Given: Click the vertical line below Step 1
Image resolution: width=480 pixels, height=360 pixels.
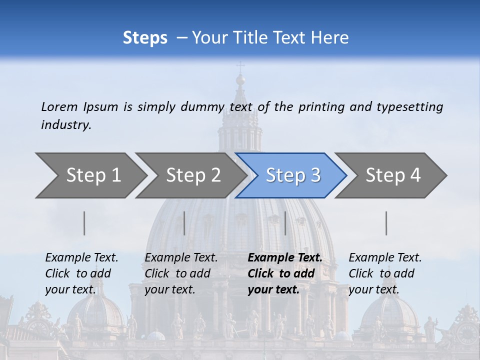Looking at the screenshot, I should (x=84, y=223).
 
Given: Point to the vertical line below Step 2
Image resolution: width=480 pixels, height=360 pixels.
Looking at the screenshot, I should (x=184, y=223).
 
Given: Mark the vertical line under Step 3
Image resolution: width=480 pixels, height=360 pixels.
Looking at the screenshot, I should (x=285, y=223).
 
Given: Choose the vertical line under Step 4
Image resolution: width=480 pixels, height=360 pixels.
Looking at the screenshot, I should (x=386, y=223).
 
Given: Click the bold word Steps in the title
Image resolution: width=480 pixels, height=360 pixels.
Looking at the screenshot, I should (x=145, y=38).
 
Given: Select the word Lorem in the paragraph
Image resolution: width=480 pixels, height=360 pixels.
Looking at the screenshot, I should (x=59, y=106).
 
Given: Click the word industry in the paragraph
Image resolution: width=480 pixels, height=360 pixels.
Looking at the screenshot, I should (x=66, y=125).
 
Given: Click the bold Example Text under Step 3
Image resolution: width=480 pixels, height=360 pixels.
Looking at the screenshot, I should (x=285, y=258).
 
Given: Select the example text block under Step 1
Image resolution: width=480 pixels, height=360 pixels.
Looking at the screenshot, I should (x=81, y=273).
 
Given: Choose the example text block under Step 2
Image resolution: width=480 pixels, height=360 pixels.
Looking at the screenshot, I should (x=181, y=273).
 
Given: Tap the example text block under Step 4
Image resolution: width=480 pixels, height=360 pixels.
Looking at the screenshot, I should (x=385, y=273).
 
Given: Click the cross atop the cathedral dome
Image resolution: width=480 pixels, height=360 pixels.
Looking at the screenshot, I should (x=240, y=66).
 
